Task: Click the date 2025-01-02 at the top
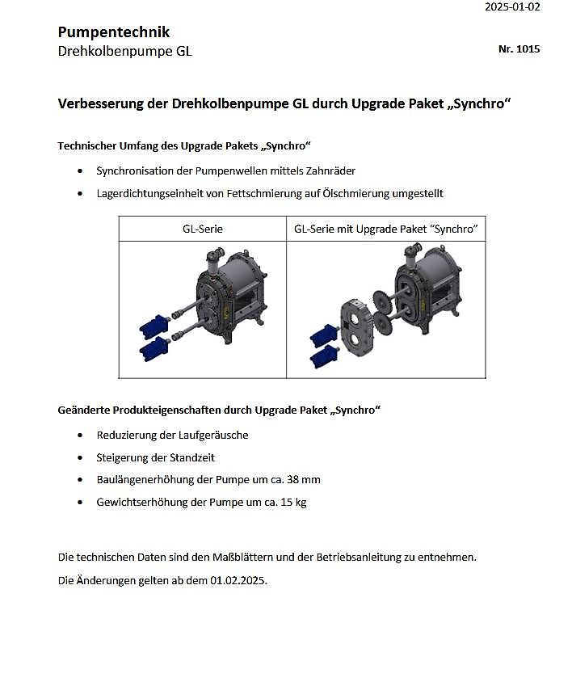pos(512,7)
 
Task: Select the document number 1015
pos(528,49)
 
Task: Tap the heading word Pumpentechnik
pos(113,32)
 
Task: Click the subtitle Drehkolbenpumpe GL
pos(124,52)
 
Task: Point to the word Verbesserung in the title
pos(103,104)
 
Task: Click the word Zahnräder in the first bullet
pos(331,170)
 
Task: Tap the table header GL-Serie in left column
pos(202,229)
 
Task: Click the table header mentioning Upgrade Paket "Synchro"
pos(385,229)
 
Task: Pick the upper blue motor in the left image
pos(153,325)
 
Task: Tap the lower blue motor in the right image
pos(326,356)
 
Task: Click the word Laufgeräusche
pos(208,435)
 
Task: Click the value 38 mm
pos(305,479)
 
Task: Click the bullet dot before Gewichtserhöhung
pos(79,502)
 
